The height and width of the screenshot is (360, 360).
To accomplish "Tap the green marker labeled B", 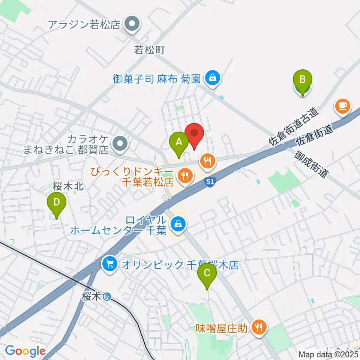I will pos(303,80).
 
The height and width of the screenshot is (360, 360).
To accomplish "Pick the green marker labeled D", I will pos(56,203).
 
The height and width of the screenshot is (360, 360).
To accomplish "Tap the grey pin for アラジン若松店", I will pos(132,25).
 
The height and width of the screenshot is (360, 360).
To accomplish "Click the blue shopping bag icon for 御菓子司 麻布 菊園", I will pos(213,79).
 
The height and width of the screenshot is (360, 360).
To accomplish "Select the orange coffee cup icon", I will pos(343,106).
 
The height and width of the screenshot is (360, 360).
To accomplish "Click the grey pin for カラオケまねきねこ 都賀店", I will pos(120,143).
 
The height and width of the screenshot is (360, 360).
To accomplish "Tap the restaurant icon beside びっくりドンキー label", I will pos(184,174).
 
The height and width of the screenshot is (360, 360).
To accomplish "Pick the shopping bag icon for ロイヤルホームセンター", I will pos(177,225).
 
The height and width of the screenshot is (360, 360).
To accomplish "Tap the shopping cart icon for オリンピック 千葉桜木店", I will pos(110,265).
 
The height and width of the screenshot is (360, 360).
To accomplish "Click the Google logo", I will pos(25,351).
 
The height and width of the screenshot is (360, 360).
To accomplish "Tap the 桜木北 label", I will pos(67,185).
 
